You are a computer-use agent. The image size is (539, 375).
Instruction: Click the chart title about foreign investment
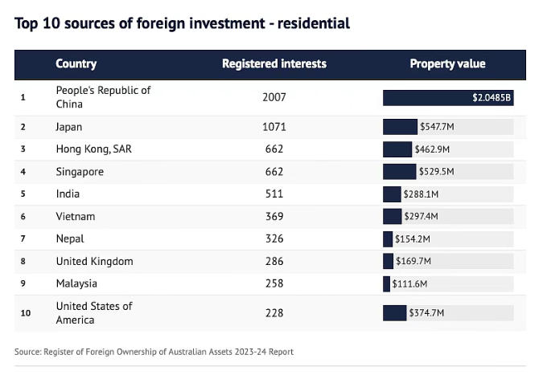coord(183,23)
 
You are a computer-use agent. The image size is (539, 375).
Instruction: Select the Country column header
coord(76,64)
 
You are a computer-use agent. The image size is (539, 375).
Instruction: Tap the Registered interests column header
coord(274,64)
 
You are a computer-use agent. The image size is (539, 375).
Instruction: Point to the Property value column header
coord(447,64)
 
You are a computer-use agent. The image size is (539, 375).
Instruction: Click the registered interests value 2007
coord(274,97)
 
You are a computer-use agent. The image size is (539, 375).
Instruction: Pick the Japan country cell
coord(69,127)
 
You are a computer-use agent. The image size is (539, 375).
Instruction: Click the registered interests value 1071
coord(274,127)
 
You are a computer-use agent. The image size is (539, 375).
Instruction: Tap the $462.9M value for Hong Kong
coord(432,149)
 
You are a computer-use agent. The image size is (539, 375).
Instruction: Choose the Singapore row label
coord(80,172)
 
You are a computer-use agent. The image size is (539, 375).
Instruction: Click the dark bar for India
coord(392,194)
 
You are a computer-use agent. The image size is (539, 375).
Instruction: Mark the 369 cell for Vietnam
coord(274,216)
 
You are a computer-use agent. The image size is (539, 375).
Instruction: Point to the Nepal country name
coord(70,238)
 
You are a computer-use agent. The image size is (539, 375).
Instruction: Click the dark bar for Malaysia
coord(386,283)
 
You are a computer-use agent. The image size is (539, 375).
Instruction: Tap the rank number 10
coord(25,313)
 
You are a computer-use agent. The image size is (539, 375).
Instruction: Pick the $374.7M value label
coord(426,313)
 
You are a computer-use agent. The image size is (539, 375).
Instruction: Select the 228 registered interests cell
coord(274,313)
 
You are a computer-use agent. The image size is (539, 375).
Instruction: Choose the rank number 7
coord(23,238)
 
